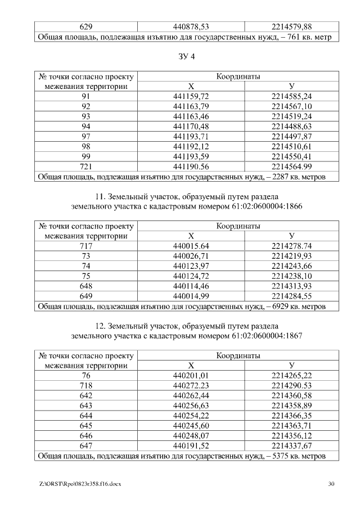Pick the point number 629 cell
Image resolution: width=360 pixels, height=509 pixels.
[x=86, y=26]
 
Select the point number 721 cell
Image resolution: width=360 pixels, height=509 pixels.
[x=86, y=166]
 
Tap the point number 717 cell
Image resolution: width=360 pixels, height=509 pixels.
[x=86, y=246]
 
